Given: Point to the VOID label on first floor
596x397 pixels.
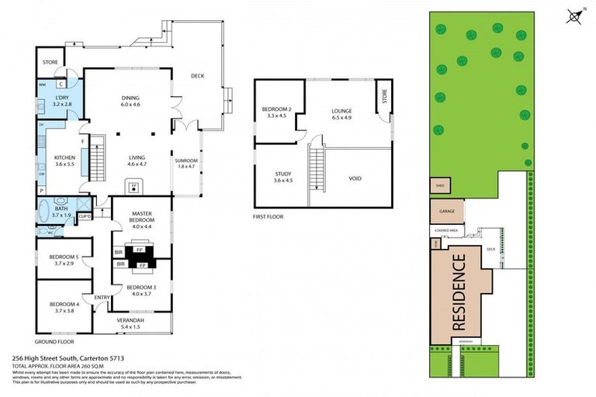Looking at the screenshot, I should tap(355, 178).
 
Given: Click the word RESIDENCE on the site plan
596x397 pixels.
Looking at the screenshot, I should tap(459, 291).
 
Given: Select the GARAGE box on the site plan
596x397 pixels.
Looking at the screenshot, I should tap(447, 209).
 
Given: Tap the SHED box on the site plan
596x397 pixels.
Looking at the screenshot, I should tap(440, 186).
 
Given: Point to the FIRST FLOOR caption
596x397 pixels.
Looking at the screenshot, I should tap(269, 217).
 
